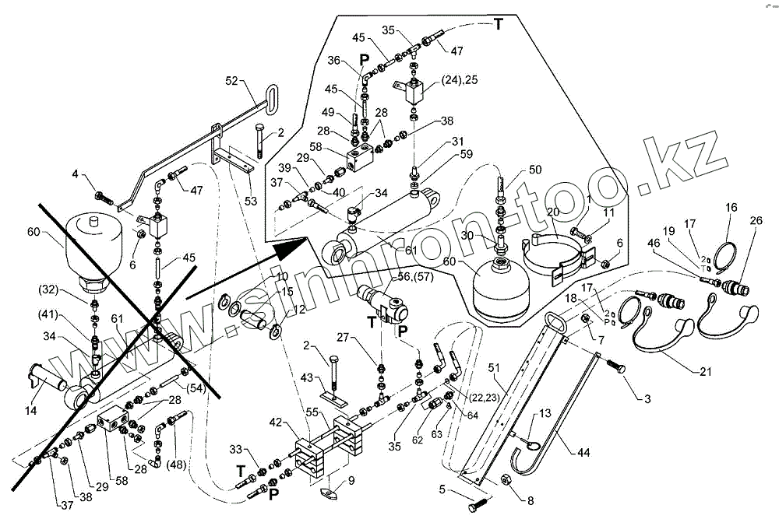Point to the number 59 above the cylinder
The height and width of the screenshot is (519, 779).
467,154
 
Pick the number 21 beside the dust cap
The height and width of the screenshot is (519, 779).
706,372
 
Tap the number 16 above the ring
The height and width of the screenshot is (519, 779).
731,208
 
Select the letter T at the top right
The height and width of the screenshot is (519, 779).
498,24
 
